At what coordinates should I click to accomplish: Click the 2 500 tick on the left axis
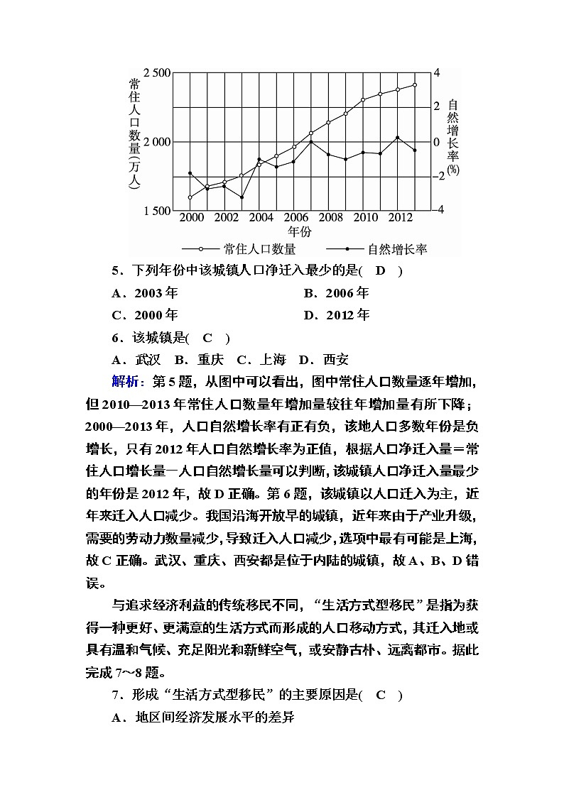(x=156, y=73)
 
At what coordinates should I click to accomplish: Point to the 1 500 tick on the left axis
(x=156, y=211)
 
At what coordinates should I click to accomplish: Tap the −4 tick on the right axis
(x=438, y=210)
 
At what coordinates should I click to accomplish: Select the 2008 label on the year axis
(x=331, y=217)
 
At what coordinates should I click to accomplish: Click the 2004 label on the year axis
(x=261, y=217)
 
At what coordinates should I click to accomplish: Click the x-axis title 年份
(x=299, y=231)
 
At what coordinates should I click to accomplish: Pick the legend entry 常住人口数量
(x=259, y=249)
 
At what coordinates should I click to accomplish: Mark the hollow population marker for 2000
(x=190, y=197)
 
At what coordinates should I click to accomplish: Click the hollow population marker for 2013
(x=415, y=84)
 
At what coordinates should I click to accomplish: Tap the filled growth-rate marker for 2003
(x=242, y=197)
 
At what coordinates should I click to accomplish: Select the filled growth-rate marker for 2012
(x=397, y=138)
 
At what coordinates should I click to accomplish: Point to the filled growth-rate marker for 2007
(x=311, y=142)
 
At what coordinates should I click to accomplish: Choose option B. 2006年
(x=336, y=293)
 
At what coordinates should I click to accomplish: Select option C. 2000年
(x=145, y=315)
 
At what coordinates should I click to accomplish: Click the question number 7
(x=115, y=696)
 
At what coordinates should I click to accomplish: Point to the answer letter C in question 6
(x=207, y=338)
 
